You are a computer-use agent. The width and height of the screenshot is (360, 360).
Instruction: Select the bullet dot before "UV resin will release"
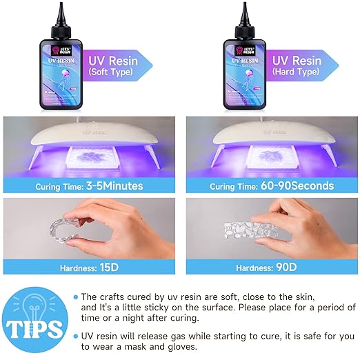75,333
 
